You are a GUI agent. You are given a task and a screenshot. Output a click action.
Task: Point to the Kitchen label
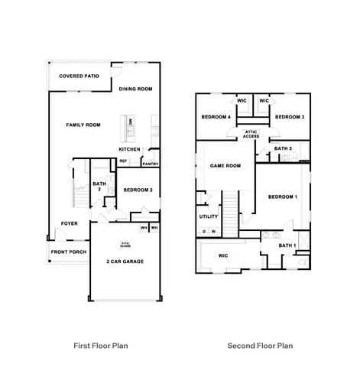[x=129, y=149]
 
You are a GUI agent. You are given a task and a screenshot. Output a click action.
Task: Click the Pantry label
[x=151, y=163]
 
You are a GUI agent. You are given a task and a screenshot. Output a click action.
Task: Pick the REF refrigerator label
[x=123, y=161]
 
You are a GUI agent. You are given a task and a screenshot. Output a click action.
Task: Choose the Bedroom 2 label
[x=138, y=189]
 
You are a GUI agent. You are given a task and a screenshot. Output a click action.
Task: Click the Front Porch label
[x=68, y=252]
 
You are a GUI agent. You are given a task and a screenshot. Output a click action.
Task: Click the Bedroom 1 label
[x=283, y=196]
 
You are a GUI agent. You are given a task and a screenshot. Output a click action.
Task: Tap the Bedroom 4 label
[x=216, y=117]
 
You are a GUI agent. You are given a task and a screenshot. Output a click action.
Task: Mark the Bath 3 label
[x=284, y=148]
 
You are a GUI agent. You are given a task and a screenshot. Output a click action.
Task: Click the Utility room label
[x=209, y=216]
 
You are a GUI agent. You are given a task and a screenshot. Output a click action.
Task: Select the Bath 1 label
[x=287, y=245]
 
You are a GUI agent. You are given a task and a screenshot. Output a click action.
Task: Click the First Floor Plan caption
[x=101, y=345]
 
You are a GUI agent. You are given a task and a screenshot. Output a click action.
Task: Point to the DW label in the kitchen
[x=131, y=122]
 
